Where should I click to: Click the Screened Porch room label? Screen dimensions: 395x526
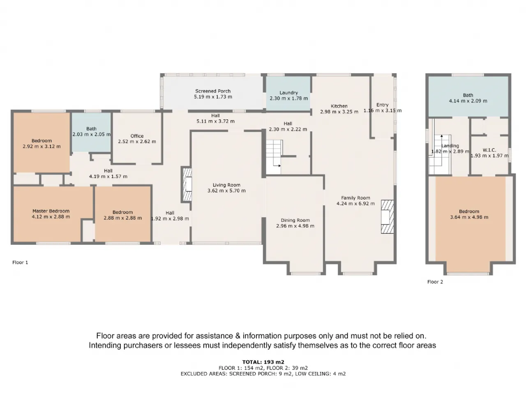point(213,91)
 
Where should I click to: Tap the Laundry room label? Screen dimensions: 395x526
point(288,93)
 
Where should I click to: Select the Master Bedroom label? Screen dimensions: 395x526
point(51,211)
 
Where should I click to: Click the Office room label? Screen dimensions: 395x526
point(137,136)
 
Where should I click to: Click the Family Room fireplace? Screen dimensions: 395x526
point(387,217)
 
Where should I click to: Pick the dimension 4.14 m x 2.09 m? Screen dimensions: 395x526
point(468,101)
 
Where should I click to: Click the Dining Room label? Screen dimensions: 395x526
point(295,220)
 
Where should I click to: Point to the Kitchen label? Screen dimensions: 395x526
point(339,106)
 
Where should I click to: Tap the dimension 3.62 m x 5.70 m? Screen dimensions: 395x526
point(226,191)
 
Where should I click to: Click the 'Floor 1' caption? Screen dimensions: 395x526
point(20,263)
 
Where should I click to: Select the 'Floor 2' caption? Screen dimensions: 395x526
point(435,282)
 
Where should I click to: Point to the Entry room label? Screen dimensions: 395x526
point(382,105)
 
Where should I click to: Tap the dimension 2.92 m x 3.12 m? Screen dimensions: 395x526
point(42,146)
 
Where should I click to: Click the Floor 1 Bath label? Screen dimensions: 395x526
point(91,129)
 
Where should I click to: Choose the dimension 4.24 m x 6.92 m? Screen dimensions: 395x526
point(355,204)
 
